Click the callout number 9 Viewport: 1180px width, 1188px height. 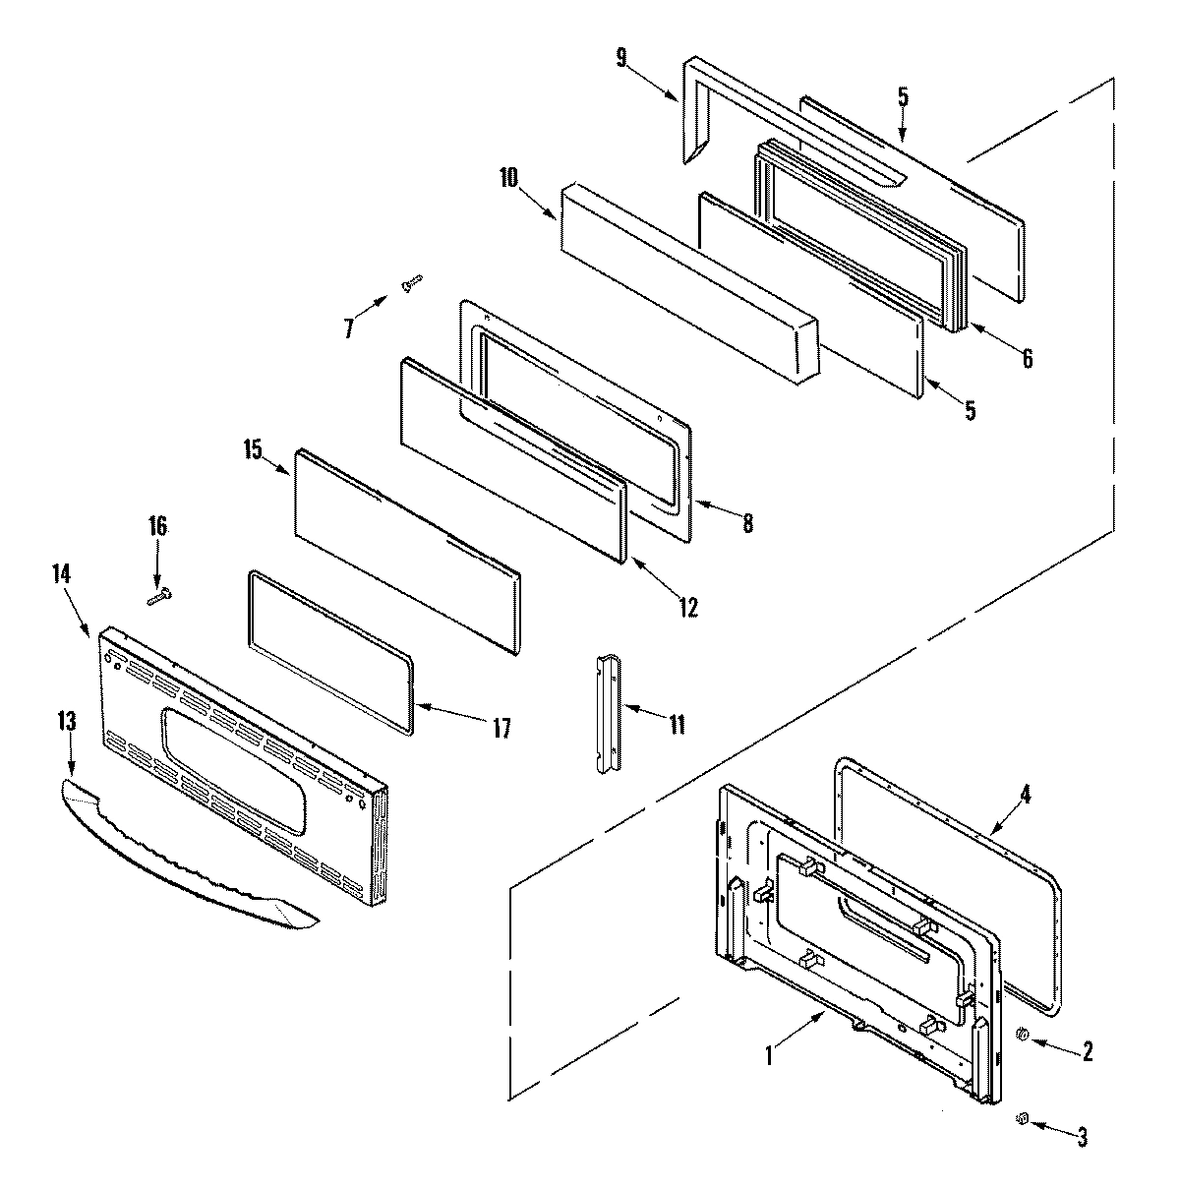coord(620,57)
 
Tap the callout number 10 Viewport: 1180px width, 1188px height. coord(507,179)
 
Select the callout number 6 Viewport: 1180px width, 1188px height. coord(1027,359)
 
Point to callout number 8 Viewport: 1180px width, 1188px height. coord(747,524)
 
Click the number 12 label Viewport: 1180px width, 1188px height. coord(687,608)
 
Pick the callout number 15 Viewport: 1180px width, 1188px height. coord(253,450)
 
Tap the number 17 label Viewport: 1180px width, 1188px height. coord(501,728)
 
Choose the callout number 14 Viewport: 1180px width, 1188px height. coord(61,574)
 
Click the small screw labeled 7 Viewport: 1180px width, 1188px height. coord(411,284)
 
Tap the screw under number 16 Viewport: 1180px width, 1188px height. coord(158,594)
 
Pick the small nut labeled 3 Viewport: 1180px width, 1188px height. coord(1023,1118)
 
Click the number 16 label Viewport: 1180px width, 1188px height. coord(157,526)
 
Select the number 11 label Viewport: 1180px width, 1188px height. coord(677,726)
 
